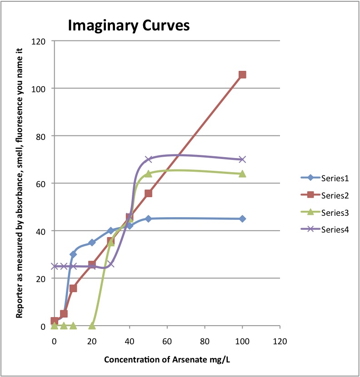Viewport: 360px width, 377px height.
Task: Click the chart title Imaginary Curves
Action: (x=128, y=25)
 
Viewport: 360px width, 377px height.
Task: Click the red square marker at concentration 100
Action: (x=242, y=74)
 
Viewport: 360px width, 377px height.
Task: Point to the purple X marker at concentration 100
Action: (x=242, y=159)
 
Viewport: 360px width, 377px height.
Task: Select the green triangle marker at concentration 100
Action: (x=242, y=174)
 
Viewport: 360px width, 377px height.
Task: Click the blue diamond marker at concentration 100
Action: (x=242, y=218)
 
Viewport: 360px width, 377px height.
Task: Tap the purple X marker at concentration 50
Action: (x=148, y=159)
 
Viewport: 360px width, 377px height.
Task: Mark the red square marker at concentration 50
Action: (x=148, y=193)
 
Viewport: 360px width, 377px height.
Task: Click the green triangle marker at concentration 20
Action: (x=92, y=325)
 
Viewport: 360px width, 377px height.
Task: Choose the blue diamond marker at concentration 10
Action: (x=73, y=254)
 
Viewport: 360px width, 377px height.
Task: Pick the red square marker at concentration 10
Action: (x=73, y=288)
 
